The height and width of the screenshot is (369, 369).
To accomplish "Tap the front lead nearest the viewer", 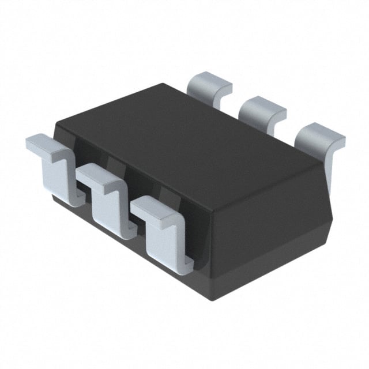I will click(x=164, y=231).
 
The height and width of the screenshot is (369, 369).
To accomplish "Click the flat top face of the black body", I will click(x=190, y=138).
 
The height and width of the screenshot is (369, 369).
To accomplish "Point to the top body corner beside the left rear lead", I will click(x=165, y=85).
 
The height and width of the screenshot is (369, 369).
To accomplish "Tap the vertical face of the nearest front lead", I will click(x=161, y=242).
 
